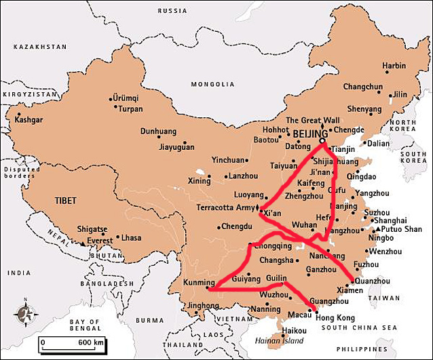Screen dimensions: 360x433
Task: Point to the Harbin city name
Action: pos(394,66)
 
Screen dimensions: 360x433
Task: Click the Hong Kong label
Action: pos(335,317)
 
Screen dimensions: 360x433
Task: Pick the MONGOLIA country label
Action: pos(212,85)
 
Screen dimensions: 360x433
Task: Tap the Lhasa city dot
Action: pos(118,238)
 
